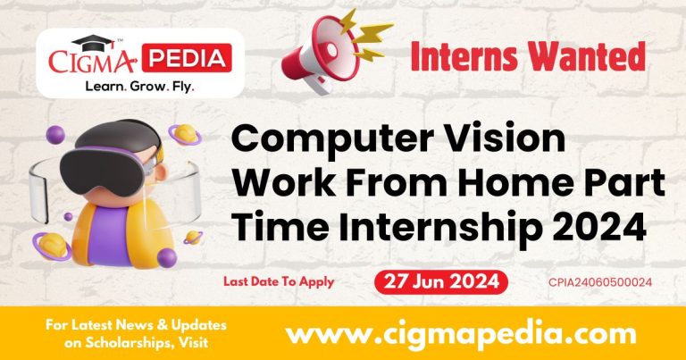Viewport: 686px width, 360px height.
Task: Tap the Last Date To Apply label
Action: [279, 282]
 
